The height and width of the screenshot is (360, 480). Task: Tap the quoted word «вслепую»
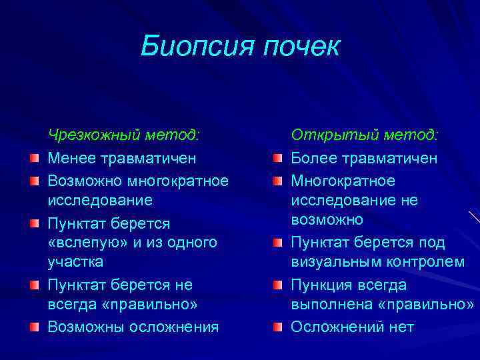click(83, 243)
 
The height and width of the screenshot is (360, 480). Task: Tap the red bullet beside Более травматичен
click(277, 159)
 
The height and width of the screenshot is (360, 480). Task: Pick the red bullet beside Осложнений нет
click(277, 327)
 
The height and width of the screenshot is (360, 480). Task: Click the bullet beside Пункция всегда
click(277, 285)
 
